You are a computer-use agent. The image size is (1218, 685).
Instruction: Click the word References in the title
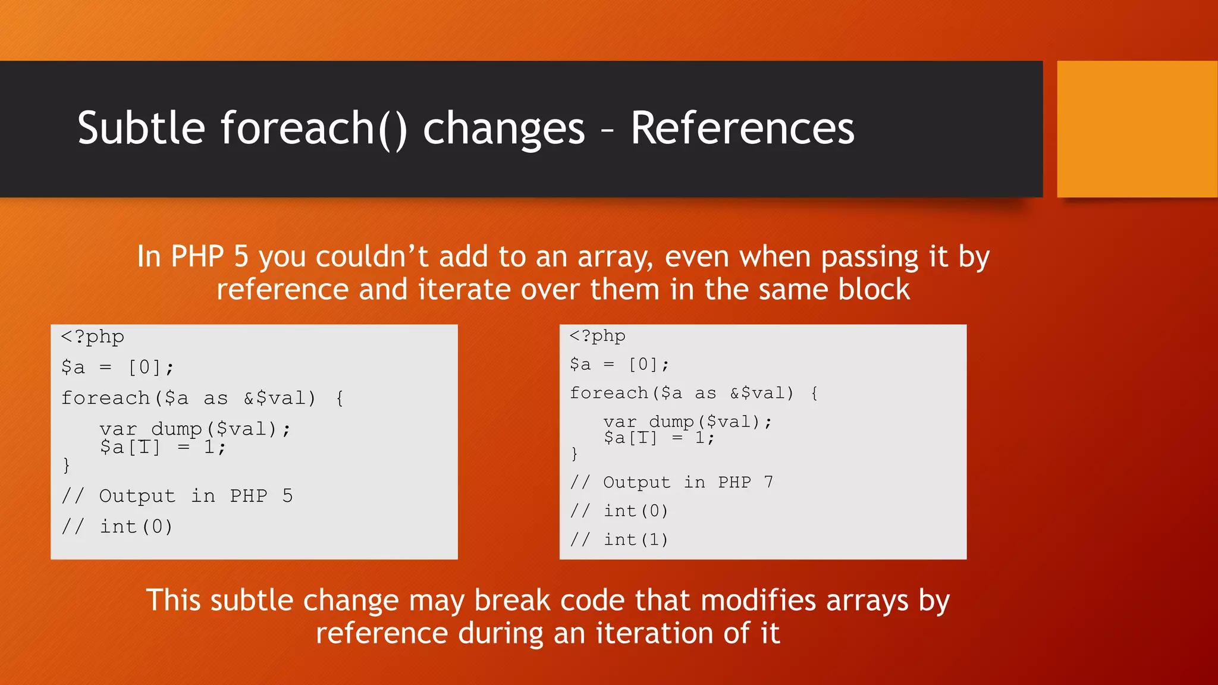coord(742,128)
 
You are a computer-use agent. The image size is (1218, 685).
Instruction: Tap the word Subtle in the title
coord(141,128)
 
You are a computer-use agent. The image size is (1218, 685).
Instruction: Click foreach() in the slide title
coord(314,128)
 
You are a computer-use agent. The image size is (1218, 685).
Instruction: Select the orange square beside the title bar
coord(1137,129)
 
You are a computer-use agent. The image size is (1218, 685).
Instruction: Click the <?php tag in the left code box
coord(93,337)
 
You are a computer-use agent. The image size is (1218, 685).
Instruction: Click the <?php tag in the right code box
coord(597,337)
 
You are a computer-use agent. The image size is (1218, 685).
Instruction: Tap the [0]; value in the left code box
coord(151,367)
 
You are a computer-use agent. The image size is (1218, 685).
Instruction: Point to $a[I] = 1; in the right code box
coord(658,438)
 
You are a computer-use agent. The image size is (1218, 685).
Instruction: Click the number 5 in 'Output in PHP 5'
coord(287,495)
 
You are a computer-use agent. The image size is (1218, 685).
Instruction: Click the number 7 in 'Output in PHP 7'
coord(768,482)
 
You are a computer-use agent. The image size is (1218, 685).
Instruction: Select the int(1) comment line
coord(635,539)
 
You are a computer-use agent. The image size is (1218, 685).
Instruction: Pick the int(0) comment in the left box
coord(136,526)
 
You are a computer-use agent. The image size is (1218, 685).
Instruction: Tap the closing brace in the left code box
coord(66,464)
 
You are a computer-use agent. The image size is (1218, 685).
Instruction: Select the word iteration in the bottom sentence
coord(653,633)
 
